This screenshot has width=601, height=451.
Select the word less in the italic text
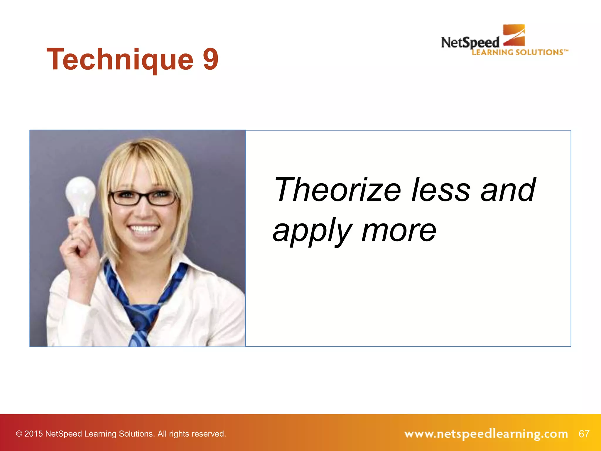(440, 190)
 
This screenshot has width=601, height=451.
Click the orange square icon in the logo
(514, 35)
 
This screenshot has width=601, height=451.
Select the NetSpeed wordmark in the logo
(470, 43)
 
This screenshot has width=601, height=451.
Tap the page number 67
(584, 434)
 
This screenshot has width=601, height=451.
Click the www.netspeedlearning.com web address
(486, 434)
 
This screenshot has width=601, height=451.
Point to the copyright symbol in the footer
(19, 434)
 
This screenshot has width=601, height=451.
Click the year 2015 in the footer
(33, 434)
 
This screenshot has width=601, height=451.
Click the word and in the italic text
(508, 190)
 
